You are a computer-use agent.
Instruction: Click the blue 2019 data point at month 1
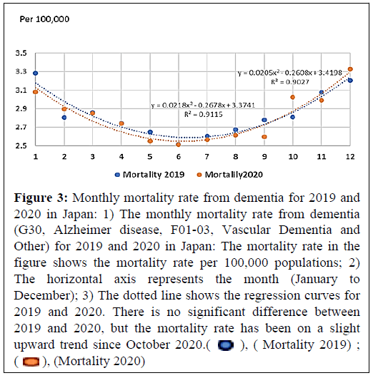(x=36, y=73)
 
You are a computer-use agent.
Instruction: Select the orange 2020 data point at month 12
(x=350, y=69)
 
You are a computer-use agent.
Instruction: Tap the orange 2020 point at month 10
(x=292, y=97)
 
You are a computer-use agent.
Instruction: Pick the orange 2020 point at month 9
(x=264, y=137)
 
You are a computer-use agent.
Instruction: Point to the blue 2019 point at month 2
(x=64, y=118)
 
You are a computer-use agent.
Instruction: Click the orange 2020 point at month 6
(x=179, y=144)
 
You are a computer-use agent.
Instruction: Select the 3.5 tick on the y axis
(x=21, y=53)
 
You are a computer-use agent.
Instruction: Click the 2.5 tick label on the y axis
(x=21, y=145)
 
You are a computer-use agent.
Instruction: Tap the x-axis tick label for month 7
(x=207, y=157)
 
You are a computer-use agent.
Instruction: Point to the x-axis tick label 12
(x=350, y=157)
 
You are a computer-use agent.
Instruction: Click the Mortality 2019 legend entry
(x=150, y=175)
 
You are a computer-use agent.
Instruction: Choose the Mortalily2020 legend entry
(x=230, y=175)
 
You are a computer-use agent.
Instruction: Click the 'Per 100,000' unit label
(x=44, y=19)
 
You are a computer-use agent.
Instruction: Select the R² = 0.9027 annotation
(x=290, y=82)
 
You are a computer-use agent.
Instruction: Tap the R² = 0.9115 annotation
(x=204, y=114)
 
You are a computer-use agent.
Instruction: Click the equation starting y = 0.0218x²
(x=203, y=105)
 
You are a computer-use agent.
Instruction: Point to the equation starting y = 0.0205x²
(x=290, y=73)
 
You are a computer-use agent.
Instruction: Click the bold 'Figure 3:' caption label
(x=41, y=198)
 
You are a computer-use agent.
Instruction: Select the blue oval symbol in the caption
(x=226, y=345)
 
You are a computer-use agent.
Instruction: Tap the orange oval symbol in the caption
(x=31, y=362)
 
